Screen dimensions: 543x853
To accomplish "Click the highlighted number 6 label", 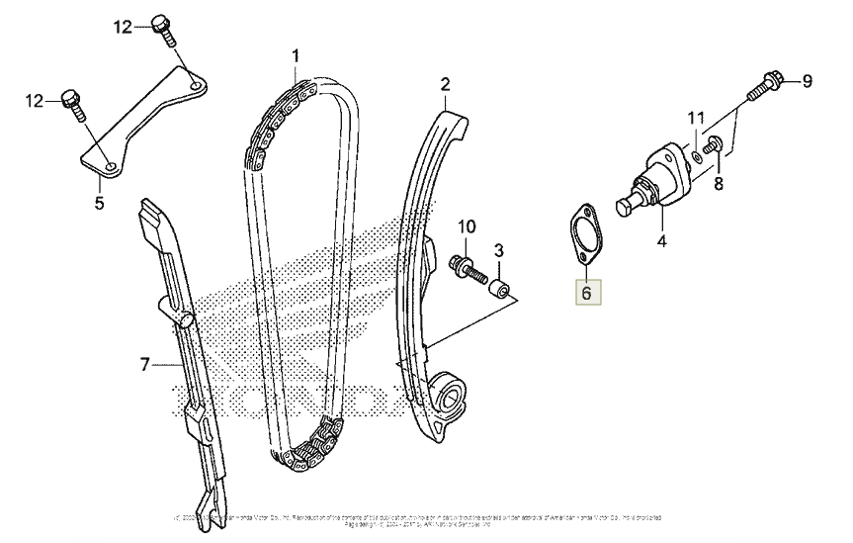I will [x=585, y=293].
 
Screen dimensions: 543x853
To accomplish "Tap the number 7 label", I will [x=145, y=366].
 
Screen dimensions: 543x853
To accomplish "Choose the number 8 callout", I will [x=719, y=183].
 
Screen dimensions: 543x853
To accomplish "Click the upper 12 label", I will [x=121, y=28].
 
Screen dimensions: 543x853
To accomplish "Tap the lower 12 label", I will [x=35, y=100].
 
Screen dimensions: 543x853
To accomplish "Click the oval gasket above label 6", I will [x=582, y=234].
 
